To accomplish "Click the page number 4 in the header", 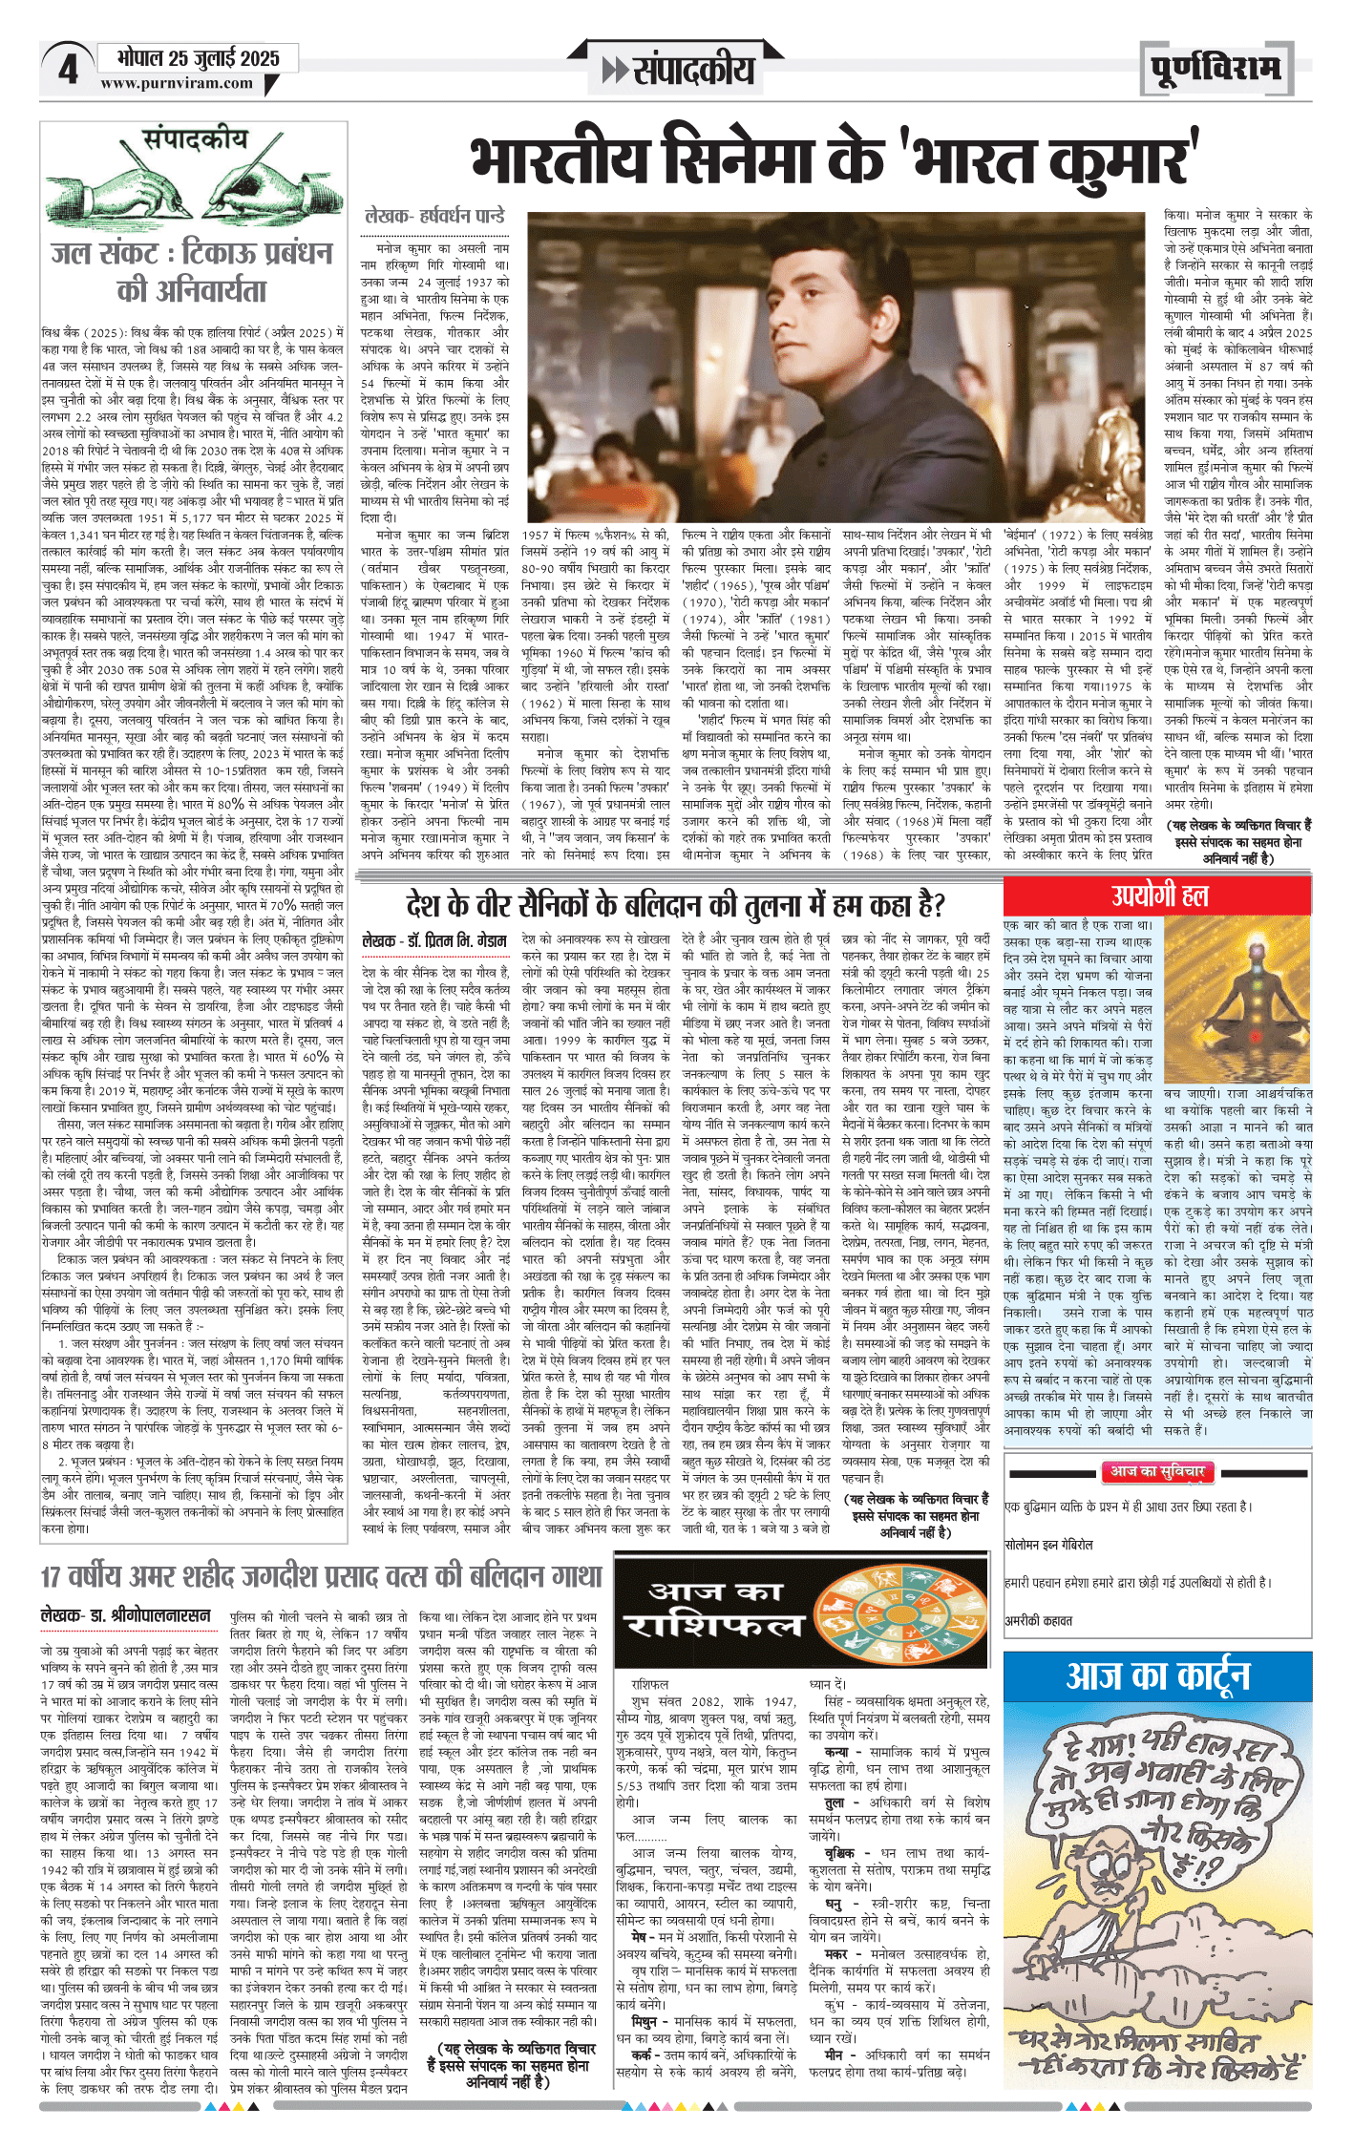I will (x=67, y=70).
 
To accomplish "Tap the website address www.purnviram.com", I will (x=177, y=83).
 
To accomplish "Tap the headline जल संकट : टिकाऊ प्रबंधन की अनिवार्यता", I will (x=192, y=271).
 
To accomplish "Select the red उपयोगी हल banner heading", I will (x=1158, y=895).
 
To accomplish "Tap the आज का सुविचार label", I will (x=1156, y=1472).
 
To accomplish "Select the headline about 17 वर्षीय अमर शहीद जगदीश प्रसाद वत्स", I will (x=321, y=1575).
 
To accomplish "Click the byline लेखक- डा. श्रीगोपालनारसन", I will (x=125, y=1615).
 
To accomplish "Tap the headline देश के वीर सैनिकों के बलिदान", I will (x=675, y=903).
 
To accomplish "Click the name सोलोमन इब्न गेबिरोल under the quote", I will (x=1048, y=1544).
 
